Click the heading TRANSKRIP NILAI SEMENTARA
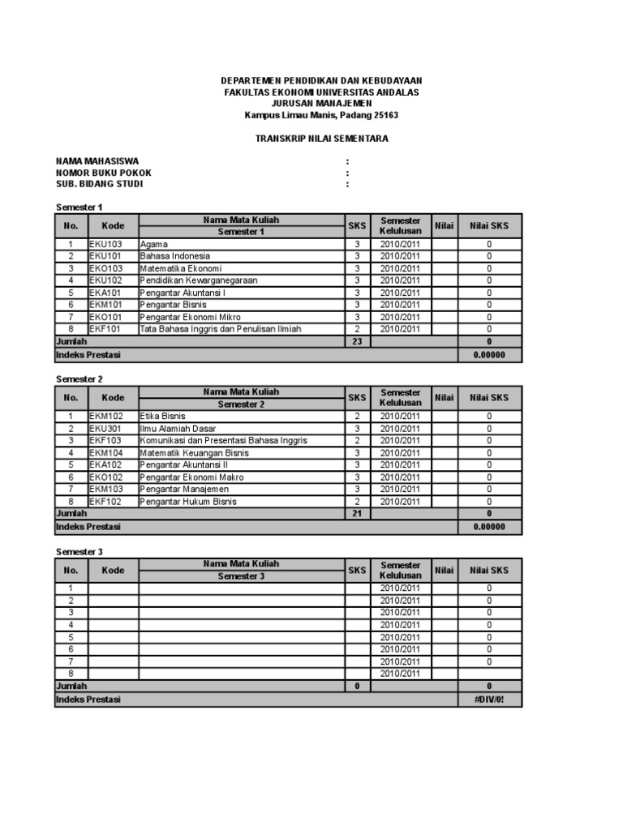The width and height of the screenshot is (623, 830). tap(322, 139)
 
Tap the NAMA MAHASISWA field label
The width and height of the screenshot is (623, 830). tap(97, 161)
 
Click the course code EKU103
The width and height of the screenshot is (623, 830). tap(105, 244)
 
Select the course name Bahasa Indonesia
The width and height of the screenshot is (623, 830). tap(175, 256)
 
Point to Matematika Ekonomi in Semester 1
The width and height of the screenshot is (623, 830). tap(181, 268)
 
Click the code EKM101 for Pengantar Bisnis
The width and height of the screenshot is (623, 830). tap(105, 305)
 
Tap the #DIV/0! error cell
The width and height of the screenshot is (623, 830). tap(489, 700)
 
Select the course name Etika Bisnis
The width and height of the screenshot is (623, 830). tap(163, 417)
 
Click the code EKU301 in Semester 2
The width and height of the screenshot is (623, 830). tap(105, 429)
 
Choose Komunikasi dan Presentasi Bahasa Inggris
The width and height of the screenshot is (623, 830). tap(223, 441)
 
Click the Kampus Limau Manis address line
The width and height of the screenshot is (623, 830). tap(322, 115)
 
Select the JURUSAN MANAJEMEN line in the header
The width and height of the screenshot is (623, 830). tap(322, 104)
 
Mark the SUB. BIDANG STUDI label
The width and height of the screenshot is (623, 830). tap(99, 184)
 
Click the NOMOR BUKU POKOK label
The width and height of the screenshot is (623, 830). tap(103, 173)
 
